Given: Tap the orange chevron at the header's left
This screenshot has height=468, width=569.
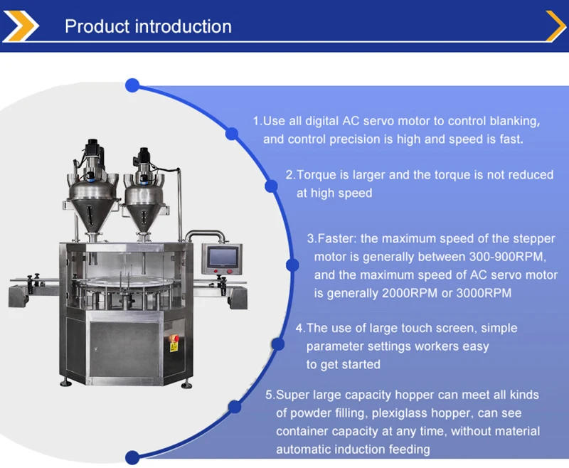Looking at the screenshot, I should [x=21, y=26].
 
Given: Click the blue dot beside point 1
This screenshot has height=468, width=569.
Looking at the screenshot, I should [x=232, y=133].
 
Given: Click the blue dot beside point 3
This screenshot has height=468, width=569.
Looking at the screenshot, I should [x=292, y=265].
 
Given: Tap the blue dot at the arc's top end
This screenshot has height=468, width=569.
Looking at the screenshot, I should [x=132, y=85].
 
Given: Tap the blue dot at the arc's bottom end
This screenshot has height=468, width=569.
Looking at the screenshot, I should [x=132, y=457].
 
